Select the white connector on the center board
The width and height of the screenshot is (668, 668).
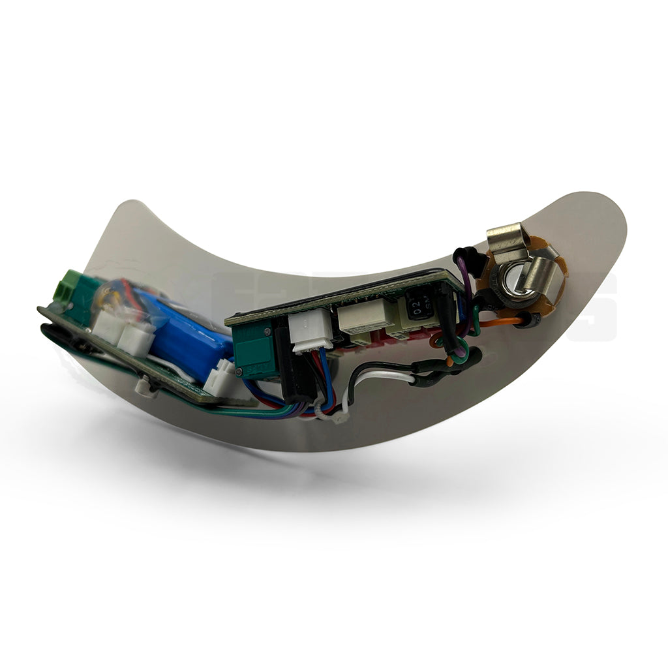311,333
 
